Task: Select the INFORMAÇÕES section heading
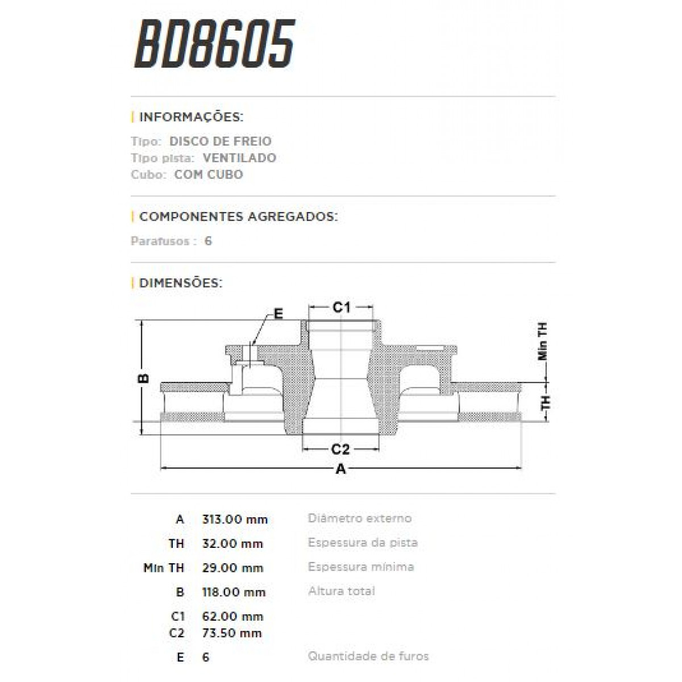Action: click(191, 117)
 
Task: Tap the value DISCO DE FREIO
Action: click(221, 141)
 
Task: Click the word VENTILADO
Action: click(239, 157)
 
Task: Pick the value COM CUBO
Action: click(209, 174)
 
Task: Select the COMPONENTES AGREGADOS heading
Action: click(238, 217)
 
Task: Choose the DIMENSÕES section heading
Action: click(180, 282)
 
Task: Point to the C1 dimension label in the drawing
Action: click(341, 307)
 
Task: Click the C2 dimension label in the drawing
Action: click(340, 450)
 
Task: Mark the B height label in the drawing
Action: click(144, 378)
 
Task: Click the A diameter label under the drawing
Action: click(341, 469)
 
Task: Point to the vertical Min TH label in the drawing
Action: click(543, 342)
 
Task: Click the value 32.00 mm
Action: click(232, 543)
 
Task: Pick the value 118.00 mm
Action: click(234, 592)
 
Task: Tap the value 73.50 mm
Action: click(232, 633)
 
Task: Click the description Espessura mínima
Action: click(361, 567)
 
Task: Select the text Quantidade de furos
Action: click(368, 656)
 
